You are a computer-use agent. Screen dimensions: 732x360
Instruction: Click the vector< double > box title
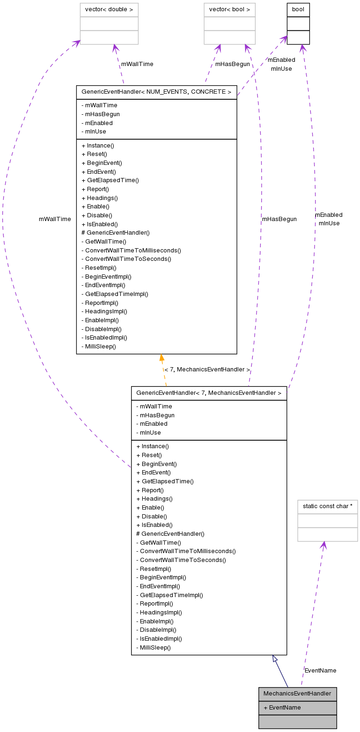pos(109,10)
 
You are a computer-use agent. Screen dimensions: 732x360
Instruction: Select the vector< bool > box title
pos(229,10)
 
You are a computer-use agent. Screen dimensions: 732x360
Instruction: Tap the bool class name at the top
pos(298,10)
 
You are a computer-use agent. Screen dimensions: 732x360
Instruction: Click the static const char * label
pos(327,507)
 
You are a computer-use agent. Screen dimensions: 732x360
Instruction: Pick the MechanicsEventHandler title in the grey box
pos(297,694)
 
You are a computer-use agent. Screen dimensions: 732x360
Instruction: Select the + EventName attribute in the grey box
pos(282,708)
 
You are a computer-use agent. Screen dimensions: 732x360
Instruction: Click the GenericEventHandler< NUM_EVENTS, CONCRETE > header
pos(156,92)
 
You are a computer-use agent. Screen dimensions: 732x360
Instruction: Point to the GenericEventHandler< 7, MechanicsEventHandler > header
pos(209,393)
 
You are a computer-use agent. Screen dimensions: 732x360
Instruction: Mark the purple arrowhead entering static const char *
pos(323,546)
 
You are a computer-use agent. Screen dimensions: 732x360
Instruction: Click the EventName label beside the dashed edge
pos(320,671)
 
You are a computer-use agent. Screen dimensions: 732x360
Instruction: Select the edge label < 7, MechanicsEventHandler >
pos(207,370)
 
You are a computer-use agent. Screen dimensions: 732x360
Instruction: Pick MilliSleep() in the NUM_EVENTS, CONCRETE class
pos(99,347)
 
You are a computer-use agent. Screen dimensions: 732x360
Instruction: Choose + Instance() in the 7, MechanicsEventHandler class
pos(153,446)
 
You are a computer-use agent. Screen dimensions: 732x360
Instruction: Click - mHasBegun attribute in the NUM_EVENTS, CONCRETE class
pos(100,114)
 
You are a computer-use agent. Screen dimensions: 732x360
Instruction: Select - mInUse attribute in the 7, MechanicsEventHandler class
pos(148,433)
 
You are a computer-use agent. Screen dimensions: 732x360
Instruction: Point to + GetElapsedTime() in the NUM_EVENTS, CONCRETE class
pos(110,180)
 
